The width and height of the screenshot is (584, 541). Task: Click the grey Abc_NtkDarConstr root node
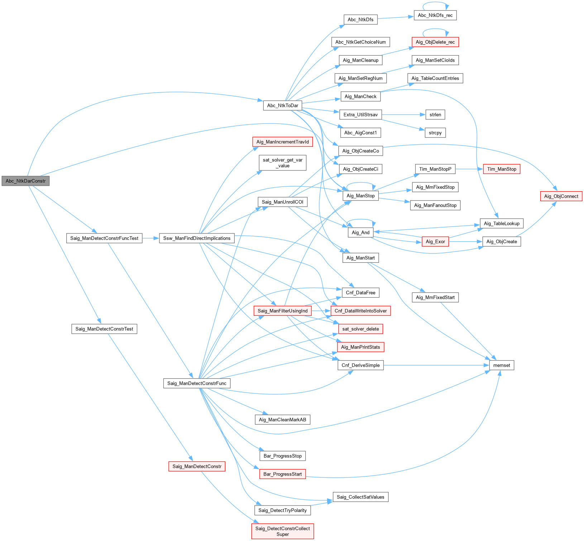click(x=25, y=181)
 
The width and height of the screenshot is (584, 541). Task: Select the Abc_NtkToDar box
click(x=282, y=105)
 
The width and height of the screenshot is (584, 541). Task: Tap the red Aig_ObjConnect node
click(x=561, y=196)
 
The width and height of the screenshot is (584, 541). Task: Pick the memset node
click(x=501, y=365)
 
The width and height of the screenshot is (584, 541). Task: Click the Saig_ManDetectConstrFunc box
click(x=197, y=383)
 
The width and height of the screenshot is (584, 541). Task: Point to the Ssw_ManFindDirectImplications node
click(x=197, y=238)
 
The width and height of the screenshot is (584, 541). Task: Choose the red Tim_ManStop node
click(x=501, y=169)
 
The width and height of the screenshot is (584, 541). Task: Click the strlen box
click(x=435, y=115)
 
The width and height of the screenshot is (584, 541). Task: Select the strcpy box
click(x=435, y=133)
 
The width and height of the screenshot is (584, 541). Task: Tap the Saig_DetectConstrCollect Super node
click(x=282, y=531)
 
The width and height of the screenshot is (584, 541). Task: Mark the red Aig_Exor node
click(x=435, y=242)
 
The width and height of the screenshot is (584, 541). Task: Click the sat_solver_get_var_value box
click(x=282, y=163)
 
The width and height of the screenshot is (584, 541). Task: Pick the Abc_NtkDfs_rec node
click(x=435, y=15)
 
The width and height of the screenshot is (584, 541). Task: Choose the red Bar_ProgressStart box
click(x=282, y=474)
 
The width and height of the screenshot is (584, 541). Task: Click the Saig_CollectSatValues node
click(x=360, y=497)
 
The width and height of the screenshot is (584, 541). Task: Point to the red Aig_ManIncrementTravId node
click(x=282, y=142)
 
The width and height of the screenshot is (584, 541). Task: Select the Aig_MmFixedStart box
click(x=435, y=297)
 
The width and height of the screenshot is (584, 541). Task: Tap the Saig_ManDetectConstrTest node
click(x=104, y=329)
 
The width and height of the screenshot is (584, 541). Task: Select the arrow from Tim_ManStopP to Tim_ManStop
click(x=469, y=169)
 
